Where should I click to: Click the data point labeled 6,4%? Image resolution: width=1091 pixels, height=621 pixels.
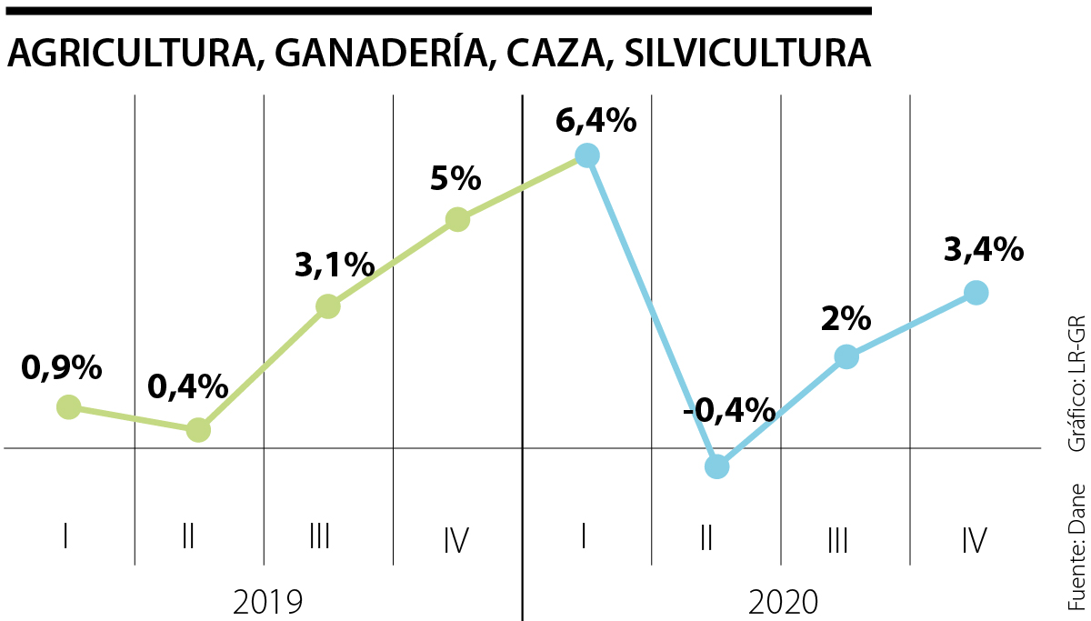587,155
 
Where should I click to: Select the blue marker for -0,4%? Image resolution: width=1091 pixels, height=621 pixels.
716,466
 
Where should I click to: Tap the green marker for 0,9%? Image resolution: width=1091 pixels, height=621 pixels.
68,406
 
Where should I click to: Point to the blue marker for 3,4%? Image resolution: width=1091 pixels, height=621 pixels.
976,292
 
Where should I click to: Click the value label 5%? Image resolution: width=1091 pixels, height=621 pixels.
455,179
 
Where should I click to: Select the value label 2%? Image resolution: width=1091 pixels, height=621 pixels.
846,319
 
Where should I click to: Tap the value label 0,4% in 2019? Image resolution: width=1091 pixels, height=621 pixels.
187,387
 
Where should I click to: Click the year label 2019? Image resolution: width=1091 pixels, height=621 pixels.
268,601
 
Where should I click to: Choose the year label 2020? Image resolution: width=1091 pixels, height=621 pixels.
784,601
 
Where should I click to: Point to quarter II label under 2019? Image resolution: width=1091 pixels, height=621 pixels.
188,538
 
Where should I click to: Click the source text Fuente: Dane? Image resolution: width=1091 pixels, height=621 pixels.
1077,546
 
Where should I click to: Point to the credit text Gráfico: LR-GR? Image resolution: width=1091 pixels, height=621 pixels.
1077,383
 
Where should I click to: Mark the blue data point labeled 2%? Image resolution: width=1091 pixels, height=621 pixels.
846,356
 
